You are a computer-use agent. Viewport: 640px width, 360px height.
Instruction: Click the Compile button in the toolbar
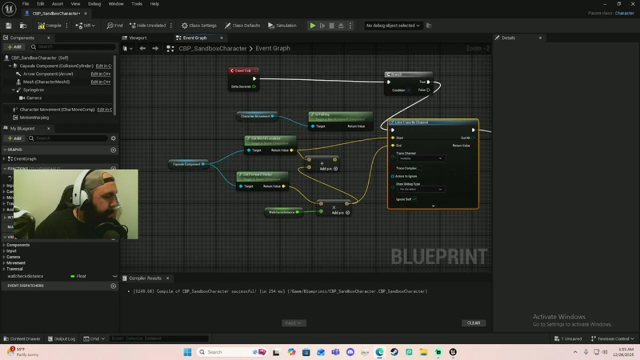50,25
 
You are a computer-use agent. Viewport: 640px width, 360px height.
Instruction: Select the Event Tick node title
243,70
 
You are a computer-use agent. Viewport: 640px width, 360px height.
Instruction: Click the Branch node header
407,74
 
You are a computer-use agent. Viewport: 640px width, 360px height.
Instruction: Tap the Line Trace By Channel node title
433,122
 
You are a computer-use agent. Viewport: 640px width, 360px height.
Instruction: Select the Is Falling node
340,115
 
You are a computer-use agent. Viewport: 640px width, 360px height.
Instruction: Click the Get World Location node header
270,138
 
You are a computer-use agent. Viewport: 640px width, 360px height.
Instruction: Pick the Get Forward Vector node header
262,174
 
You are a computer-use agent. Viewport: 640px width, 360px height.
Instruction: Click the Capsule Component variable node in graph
186,164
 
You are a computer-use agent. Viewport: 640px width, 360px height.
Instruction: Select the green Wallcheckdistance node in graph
282,212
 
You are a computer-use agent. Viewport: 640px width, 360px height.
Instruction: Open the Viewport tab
137,38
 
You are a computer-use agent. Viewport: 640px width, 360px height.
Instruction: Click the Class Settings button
199,25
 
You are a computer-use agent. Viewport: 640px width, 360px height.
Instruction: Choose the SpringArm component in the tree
33,90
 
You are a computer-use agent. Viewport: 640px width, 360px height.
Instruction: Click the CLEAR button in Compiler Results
473,323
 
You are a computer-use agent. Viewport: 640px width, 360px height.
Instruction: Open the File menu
25,4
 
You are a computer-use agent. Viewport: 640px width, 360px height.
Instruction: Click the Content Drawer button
21,338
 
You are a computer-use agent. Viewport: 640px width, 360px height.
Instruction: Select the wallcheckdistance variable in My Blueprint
25,276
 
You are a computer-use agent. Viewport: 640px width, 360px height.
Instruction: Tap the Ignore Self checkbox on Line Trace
414,199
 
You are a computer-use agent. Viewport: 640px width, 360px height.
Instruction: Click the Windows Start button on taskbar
187,352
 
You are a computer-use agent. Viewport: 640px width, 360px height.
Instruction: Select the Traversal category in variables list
14,269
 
